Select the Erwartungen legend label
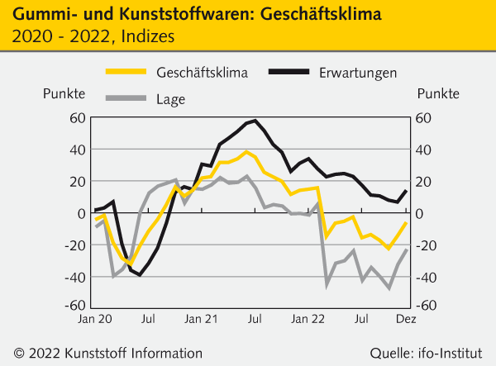click(358, 73)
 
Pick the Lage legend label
click(170, 100)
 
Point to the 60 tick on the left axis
click(76, 118)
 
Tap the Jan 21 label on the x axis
click(201, 317)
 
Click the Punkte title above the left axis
click(64, 93)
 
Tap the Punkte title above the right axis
click(439, 93)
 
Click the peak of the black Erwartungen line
click(255, 121)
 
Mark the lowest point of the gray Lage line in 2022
click(389, 288)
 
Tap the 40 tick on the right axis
click(422, 150)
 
